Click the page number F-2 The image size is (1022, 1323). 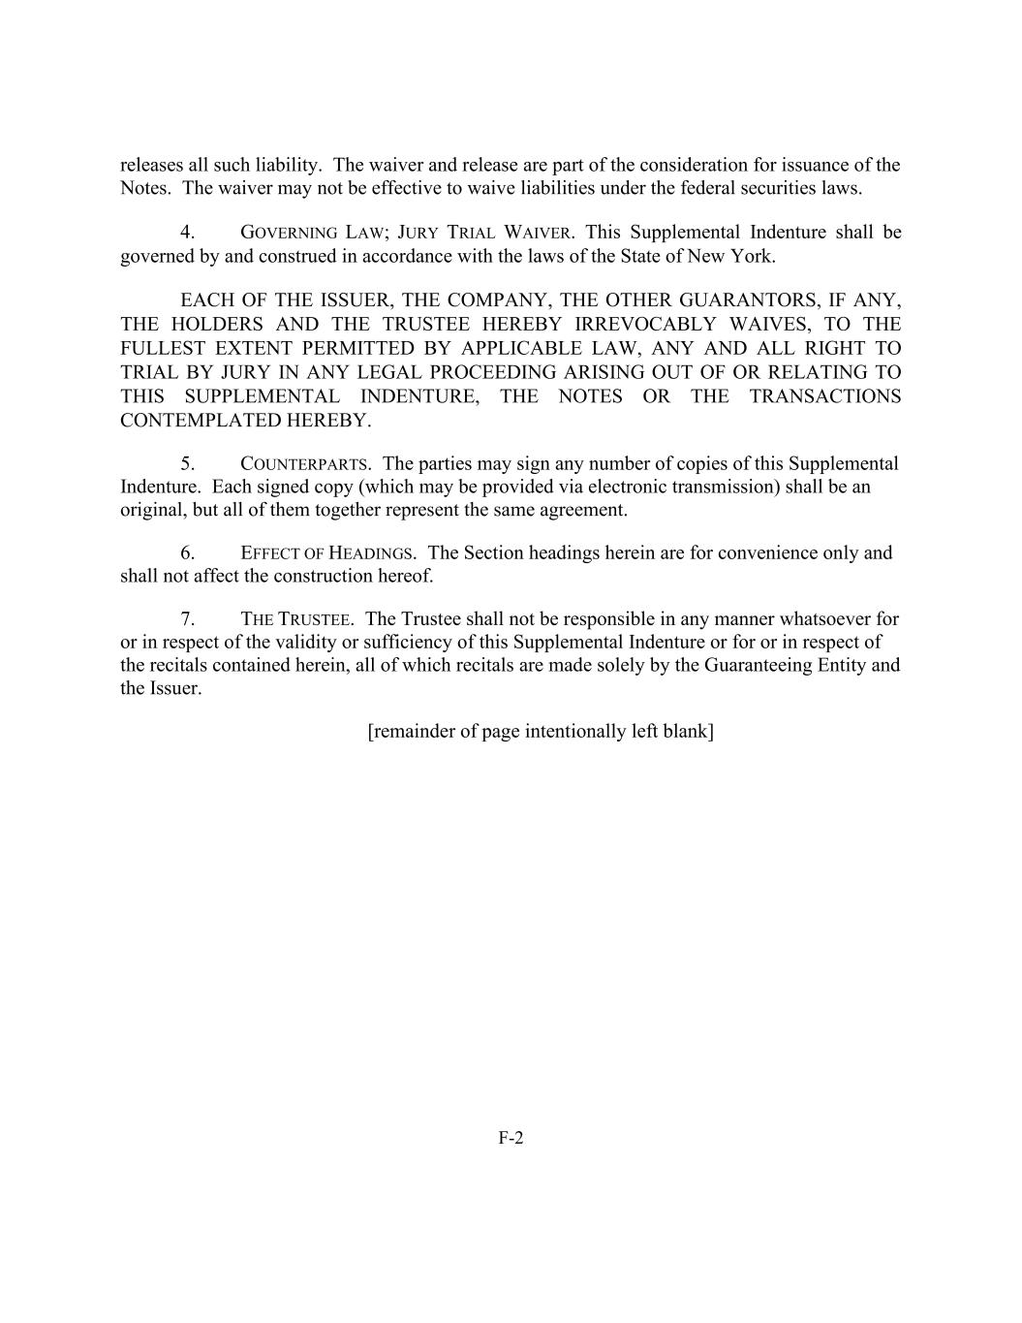point(511,1138)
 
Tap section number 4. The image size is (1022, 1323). point(188,233)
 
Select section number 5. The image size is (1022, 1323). point(188,464)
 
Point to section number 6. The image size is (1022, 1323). point(188,553)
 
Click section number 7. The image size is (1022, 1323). point(188,619)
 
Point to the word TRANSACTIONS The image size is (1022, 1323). point(825,396)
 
